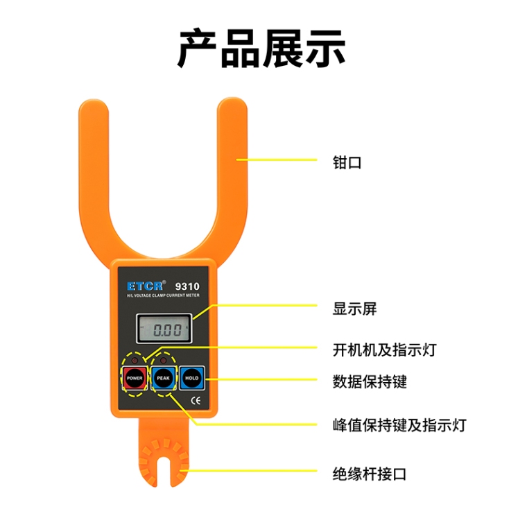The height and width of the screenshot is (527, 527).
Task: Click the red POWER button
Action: (x=135, y=378)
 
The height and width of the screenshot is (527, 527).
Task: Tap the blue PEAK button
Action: (x=164, y=378)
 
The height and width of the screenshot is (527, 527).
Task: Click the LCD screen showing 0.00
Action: (x=164, y=329)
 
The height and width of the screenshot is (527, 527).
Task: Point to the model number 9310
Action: (x=187, y=286)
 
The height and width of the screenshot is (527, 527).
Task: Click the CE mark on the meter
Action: (x=196, y=400)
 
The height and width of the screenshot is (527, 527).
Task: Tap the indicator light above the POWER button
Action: (x=135, y=361)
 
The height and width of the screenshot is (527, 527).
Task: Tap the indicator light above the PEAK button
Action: (x=164, y=361)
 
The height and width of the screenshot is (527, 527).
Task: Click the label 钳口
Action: (x=347, y=162)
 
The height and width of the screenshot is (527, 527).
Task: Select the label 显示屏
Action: (x=354, y=309)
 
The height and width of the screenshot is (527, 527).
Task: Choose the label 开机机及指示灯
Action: (x=384, y=350)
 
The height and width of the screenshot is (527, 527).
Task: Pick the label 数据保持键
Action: (x=370, y=381)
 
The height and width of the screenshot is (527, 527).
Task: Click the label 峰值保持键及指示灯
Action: (x=399, y=425)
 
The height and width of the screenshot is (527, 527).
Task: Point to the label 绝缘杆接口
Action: (x=370, y=474)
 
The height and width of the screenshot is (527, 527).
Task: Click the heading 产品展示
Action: (x=261, y=48)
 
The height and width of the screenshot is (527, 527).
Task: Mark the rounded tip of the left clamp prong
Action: (x=94, y=103)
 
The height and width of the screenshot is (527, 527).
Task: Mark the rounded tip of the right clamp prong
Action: (x=232, y=101)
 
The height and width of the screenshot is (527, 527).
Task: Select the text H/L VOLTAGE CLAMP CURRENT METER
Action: (x=163, y=295)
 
